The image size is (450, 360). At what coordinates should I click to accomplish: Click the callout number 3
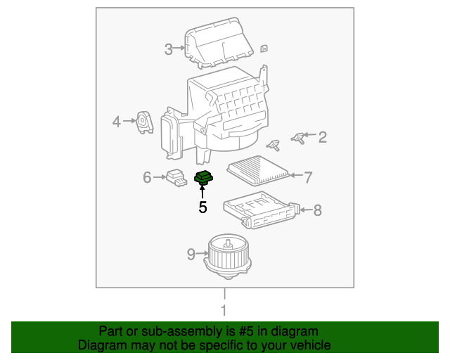[168, 49]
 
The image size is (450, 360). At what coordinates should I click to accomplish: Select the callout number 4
[117, 122]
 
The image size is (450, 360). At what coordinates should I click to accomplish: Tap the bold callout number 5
[202, 207]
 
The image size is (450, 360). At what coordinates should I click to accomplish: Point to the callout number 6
[147, 177]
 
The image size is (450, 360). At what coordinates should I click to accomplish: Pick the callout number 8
[317, 210]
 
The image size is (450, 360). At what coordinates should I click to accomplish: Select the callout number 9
[191, 254]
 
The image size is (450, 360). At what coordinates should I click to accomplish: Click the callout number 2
[322, 137]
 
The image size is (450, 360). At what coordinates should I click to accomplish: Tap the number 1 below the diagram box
[224, 310]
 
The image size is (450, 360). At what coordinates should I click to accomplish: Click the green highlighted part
[204, 178]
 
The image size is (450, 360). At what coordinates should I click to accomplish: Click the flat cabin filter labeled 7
[258, 171]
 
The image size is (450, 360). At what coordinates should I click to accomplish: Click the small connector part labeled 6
[176, 178]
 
